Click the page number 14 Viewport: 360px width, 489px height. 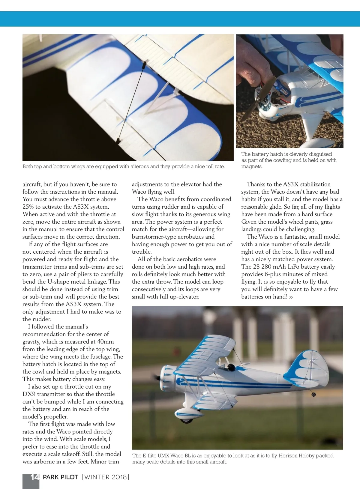pyautogui.click(x=35, y=477)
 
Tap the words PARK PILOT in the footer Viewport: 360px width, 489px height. pyautogui.click(x=61, y=477)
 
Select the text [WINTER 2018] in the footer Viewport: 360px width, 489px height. pyautogui.click(x=105, y=477)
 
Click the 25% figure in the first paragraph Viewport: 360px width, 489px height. pyautogui.click(x=29, y=207)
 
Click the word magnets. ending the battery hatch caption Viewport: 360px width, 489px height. pyautogui.click(x=252, y=167)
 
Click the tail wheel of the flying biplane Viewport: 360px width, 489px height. pyautogui.click(x=314, y=394)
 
